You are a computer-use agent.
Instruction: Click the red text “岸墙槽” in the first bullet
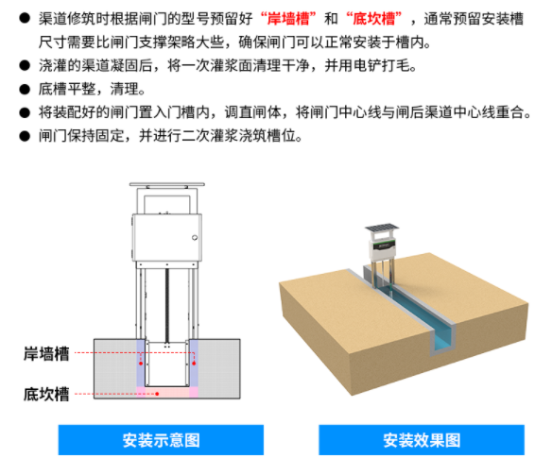(x=288, y=19)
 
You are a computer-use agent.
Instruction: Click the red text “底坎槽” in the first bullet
(x=374, y=19)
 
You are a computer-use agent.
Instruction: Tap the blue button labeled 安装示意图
(x=161, y=440)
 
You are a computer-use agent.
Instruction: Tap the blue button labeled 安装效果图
(x=422, y=440)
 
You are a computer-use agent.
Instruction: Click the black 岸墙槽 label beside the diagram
(x=46, y=354)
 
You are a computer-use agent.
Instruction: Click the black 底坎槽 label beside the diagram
(x=46, y=395)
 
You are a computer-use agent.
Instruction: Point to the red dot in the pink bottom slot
(x=157, y=394)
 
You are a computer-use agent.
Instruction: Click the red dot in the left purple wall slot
(x=141, y=364)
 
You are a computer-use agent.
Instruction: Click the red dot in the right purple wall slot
(x=194, y=364)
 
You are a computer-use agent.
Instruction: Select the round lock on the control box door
(x=195, y=238)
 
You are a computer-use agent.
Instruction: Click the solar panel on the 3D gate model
(x=382, y=228)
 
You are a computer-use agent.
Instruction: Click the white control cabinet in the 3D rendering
(x=383, y=248)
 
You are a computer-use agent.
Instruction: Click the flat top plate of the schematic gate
(x=167, y=184)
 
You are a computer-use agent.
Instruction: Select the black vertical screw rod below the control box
(x=167, y=306)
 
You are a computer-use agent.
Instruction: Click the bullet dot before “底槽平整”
(x=25, y=89)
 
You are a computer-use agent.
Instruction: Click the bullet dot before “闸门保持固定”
(x=25, y=136)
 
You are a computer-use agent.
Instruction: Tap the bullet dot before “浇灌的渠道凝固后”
(x=25, y=65)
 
